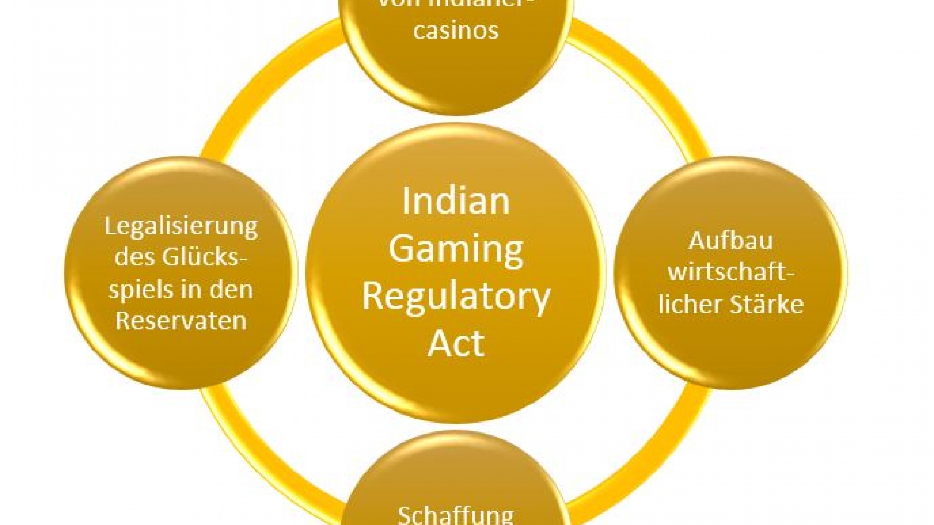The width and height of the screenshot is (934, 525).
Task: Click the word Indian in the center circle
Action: pos(456,201)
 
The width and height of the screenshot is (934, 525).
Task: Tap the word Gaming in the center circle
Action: pos(456,249)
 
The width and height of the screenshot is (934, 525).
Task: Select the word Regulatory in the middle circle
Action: pos(456,297)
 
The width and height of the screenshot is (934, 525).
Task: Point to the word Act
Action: pos(456,343)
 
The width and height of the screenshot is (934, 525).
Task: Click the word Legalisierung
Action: pos(181,227)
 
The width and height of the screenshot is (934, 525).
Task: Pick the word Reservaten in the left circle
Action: pos(181,321)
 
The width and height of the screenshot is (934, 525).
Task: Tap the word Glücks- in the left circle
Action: pos(204,257)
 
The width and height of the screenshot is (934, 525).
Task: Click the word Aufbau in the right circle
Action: pos(731,241)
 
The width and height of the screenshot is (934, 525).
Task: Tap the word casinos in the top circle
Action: pos(456,30)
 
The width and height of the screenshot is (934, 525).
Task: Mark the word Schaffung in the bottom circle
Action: pos(456,514)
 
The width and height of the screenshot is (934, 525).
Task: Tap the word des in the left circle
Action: pos(135,257)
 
